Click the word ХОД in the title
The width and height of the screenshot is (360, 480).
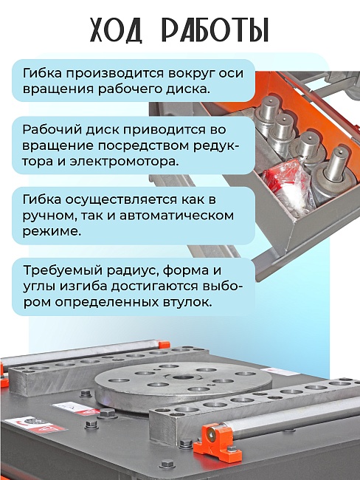[x=117, y=30]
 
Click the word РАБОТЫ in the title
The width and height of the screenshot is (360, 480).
[x=215, y=30]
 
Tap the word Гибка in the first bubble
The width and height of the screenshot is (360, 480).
[x=42, y=73]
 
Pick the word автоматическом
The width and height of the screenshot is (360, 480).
[x=176, y=215]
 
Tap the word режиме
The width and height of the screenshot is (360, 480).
[x=52, y=232]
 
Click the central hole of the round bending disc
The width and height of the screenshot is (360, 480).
[x=184, y=377]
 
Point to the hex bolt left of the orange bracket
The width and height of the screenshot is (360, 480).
[x=186, y=444]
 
